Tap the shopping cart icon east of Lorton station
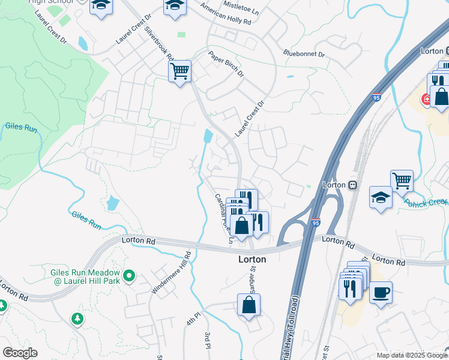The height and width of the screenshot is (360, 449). coord(402,180)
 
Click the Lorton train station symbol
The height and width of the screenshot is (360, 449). coord(353,185)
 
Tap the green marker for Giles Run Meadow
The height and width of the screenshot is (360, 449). coord(128,277)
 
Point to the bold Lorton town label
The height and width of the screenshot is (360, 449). coord(252,260)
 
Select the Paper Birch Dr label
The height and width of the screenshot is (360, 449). coord(226,64)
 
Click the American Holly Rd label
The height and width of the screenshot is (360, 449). coord(226,16)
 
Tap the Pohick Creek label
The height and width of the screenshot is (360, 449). coord(426,203)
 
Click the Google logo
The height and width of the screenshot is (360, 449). coord(20,353)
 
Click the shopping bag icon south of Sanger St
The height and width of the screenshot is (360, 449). coord(249,305)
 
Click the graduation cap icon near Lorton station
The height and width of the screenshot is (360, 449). coord(381,198)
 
